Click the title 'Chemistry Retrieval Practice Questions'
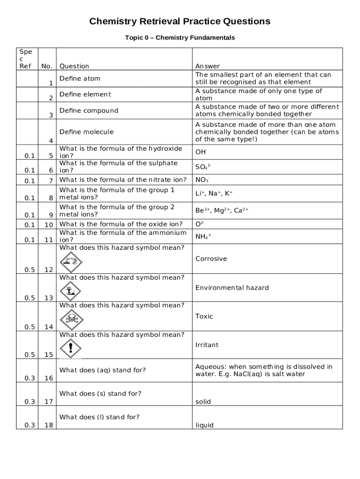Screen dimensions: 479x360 click(x=180, y=22)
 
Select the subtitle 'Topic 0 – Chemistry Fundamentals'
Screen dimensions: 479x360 click(x=180, y=37)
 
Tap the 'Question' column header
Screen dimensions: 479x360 click(x=74, y=66)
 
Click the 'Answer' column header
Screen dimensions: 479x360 click(x=207, y=66)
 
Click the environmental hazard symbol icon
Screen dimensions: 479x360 click(x=71, y=291)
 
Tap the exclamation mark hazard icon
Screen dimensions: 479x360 click(x=71, y=348)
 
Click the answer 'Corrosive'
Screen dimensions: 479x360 click(x=211, y=259)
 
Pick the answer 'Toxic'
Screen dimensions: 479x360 click(x=204, y=316)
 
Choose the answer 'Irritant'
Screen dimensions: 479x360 click(x=207, y=345)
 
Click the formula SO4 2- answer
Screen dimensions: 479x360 click(x=203, y=167)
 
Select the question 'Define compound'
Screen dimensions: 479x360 click(x=88, y=111)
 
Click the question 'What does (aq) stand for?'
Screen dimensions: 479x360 click(x=102, y=370)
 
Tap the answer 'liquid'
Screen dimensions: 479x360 click(x=204, y=425)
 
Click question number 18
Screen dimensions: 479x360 click(x=49, y=425)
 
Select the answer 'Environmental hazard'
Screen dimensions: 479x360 click(x=232, y=288)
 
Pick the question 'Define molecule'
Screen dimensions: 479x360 click(x=86, y=132)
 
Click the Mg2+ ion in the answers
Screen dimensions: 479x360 click(x=223, y=210)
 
